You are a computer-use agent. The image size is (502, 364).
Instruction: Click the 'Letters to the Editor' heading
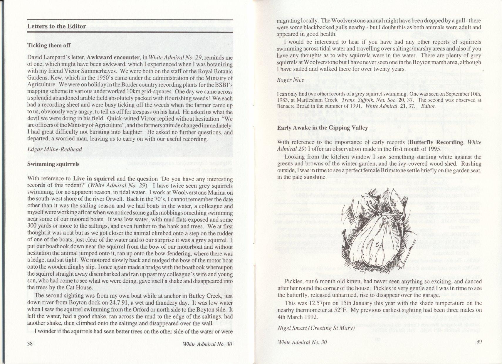tap(56, 26)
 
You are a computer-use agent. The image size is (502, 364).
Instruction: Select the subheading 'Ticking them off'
tap(49, 45)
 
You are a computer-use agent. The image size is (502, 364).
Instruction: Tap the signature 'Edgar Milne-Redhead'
tap(55, 149)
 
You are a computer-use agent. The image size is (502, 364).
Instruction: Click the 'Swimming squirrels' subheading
tap(53, 164)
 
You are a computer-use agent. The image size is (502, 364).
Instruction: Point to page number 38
tap(30, 345)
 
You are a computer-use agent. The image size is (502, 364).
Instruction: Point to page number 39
tap(478, 341)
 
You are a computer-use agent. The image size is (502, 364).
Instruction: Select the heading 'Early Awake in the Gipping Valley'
tap(323, 128)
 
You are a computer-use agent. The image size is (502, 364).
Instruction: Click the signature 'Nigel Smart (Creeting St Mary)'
tap(316, 328)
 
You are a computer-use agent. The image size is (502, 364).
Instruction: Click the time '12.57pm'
tap(316, 303)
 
